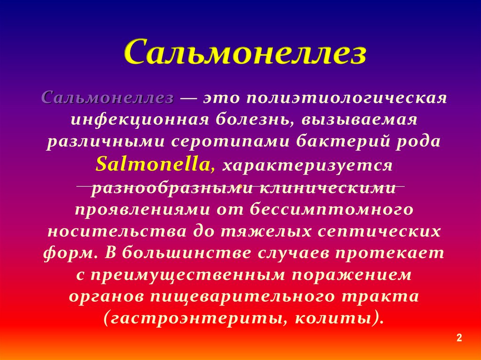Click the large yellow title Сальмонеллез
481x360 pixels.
click(245, 52)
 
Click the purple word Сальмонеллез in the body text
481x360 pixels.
click(108, 98)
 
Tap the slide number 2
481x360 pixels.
click(459, 337)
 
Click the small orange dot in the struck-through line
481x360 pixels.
click(241, 185)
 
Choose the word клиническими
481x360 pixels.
click(327, 187)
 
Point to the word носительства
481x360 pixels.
click(117, 232)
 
